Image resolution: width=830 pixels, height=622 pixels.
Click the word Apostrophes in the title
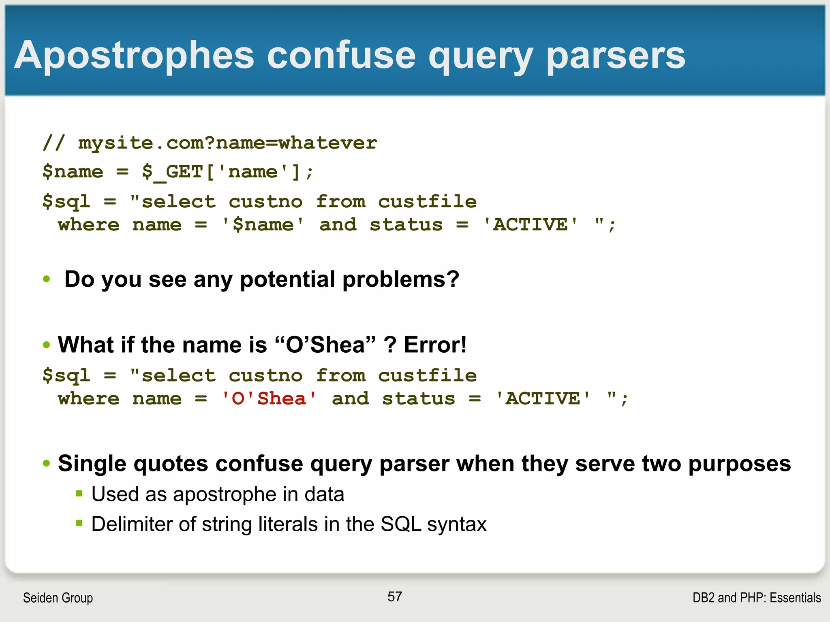[134, 56]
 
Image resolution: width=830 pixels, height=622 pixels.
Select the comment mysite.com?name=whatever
[227, 143]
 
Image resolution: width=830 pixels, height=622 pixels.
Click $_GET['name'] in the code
[221, 172]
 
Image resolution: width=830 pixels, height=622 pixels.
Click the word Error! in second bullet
[435, 345]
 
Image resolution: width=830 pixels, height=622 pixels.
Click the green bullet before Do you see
[47, 279]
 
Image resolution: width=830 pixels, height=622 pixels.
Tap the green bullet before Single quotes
[47, 463]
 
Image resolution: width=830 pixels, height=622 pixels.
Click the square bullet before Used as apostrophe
[79, 494]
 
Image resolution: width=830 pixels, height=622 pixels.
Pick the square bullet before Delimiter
[79, 524]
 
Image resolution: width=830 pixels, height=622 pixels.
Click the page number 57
[394, 596]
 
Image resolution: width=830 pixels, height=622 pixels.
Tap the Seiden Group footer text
[58, 598]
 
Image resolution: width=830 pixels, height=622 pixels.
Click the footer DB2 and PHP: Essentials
[756, 598]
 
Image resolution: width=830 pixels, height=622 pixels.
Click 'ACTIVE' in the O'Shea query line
[543, 399]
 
